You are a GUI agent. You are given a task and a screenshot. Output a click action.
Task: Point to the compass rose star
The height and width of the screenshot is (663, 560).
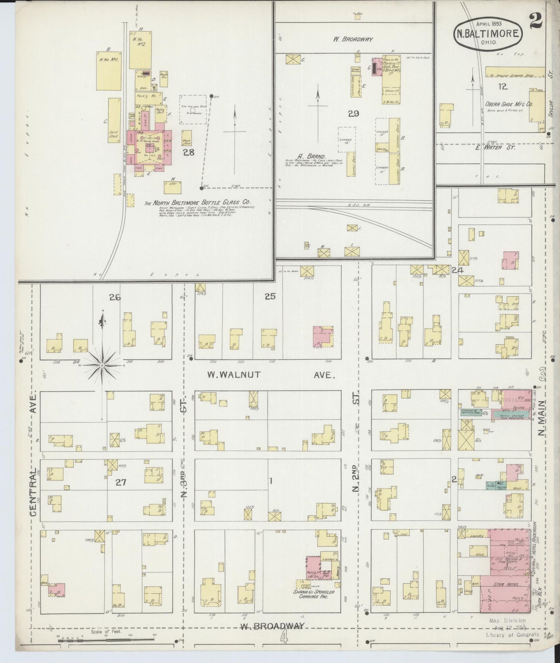click(102, 365)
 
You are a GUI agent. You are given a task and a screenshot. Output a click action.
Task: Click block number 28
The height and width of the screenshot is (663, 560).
click(189, 152)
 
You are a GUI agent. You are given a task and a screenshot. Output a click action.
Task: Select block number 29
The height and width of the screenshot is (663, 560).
click(353, 114)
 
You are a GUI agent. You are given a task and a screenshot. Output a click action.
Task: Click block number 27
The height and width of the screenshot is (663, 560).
click(121, 482)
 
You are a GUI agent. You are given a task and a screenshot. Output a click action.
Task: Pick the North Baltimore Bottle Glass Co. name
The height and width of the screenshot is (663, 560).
click(198, 202)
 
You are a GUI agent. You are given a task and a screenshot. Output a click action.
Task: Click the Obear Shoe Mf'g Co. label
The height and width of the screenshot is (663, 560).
click(509, 104)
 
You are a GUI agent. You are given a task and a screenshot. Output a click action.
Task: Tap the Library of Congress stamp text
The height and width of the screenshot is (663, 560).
click(512, 635)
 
